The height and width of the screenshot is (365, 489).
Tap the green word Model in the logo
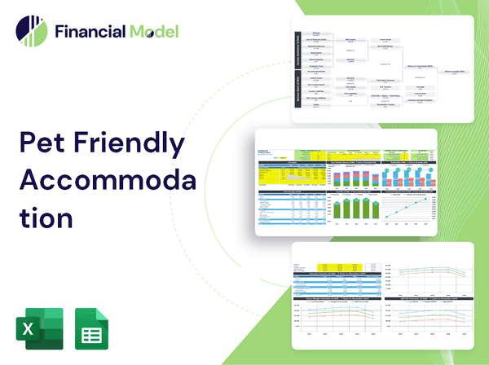pyautogui.click(x=152, y=32)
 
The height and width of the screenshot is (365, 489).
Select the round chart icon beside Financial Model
pyautogui.click(x=32, y=32)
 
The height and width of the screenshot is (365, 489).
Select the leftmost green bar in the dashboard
pyautogui.click(x=338, y=210)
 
